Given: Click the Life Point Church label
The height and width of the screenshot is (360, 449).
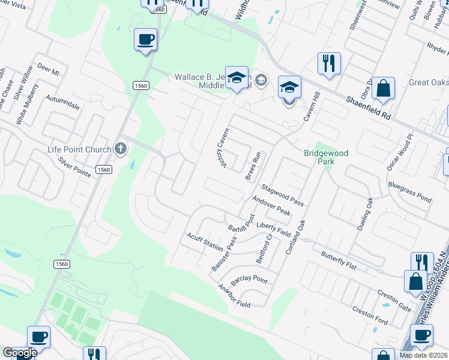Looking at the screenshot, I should pos(80,149).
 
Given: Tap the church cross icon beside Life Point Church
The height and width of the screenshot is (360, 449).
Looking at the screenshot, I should pos(121,149).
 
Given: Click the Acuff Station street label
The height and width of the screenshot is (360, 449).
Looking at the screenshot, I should pos(205,242).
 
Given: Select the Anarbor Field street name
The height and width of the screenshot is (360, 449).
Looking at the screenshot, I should pos(234,296).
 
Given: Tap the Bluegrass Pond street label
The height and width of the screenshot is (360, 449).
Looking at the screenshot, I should pos(410,191).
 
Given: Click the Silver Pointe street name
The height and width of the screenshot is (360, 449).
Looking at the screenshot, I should pos(74,166).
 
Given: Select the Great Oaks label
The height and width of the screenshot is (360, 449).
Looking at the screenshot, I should pos(429,82).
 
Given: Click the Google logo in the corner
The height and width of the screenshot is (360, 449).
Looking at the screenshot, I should pos(19,353).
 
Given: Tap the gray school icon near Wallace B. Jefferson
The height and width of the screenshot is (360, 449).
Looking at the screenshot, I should pos(261,79).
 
